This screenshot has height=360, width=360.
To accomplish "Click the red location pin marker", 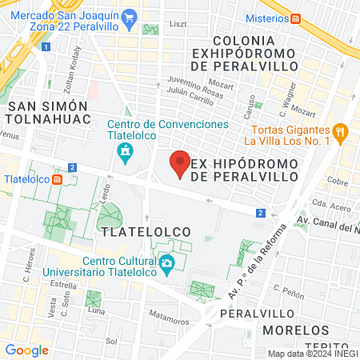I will pos(180,163).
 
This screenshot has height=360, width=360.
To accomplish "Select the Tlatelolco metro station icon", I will pos(57,178).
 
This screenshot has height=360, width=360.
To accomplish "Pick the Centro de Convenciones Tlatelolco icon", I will pos(125,152).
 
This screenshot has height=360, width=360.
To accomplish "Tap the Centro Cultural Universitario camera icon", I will pos(166,263).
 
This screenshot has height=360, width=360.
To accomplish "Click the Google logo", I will pos(26,350).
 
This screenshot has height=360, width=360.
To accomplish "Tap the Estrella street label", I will pos(62,284).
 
